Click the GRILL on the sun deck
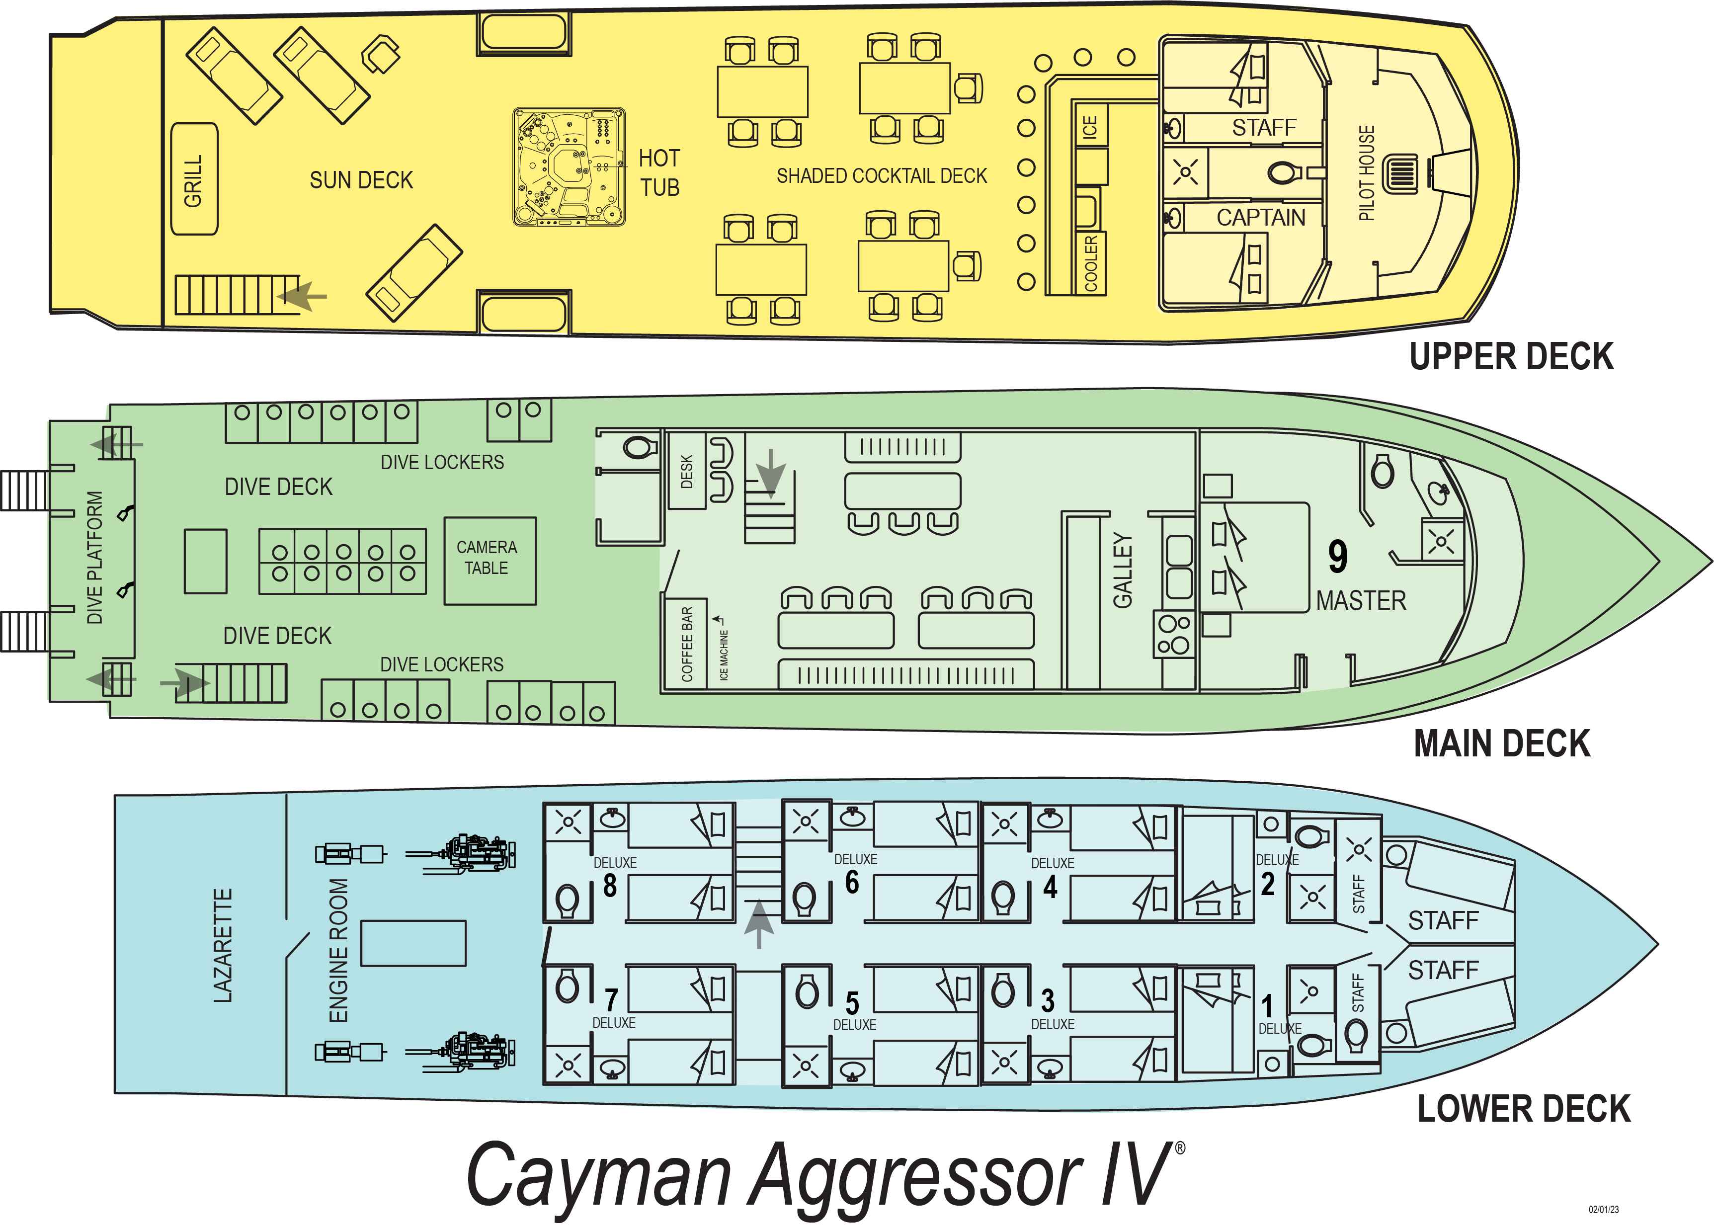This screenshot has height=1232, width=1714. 195,179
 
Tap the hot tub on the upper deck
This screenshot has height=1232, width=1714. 569,167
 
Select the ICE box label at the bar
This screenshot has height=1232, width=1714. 1090,126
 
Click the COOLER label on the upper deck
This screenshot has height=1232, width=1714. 1090,263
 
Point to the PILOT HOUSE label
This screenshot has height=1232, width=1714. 1366,173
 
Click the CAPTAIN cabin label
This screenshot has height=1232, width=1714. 1261,218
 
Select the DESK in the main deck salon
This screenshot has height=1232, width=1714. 687,471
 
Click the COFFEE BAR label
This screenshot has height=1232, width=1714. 687,644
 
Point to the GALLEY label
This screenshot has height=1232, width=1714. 1123,570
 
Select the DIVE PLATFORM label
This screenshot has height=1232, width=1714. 94,557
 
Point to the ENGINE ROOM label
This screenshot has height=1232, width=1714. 338,950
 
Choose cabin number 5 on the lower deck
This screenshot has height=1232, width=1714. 852,1003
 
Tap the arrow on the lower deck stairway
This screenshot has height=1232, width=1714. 759,923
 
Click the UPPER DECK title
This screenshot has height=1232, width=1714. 1511,356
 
